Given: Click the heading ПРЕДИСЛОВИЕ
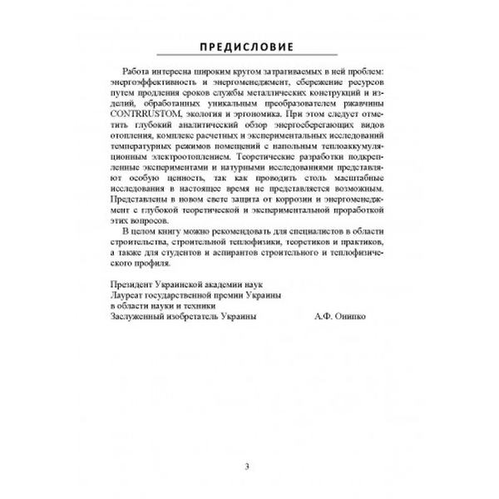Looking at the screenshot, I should (249, 43).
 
